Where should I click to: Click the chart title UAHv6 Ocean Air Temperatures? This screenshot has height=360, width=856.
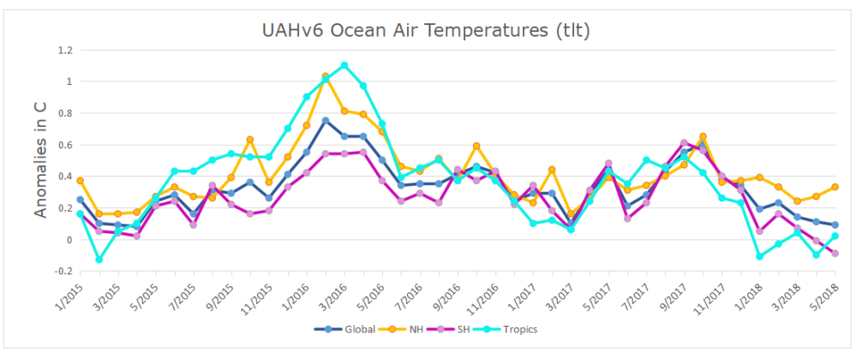pos(427,31)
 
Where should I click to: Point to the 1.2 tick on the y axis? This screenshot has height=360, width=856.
pos(62,51)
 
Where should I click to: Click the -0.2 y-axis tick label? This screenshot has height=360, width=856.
pos(60,272)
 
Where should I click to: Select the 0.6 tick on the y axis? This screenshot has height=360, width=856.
pos(62,145)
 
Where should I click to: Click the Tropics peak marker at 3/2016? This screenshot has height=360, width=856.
pos(344,65)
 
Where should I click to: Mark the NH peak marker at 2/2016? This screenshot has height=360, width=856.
pos(326,76)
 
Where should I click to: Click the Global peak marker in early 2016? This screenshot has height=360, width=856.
pos(326,121)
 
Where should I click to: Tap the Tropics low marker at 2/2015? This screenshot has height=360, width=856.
pos(99,259)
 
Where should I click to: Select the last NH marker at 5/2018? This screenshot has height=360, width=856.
pos(835,187)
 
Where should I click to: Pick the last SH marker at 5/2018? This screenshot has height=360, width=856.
pos(835,253)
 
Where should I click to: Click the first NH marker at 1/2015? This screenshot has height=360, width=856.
pos(80,181)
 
